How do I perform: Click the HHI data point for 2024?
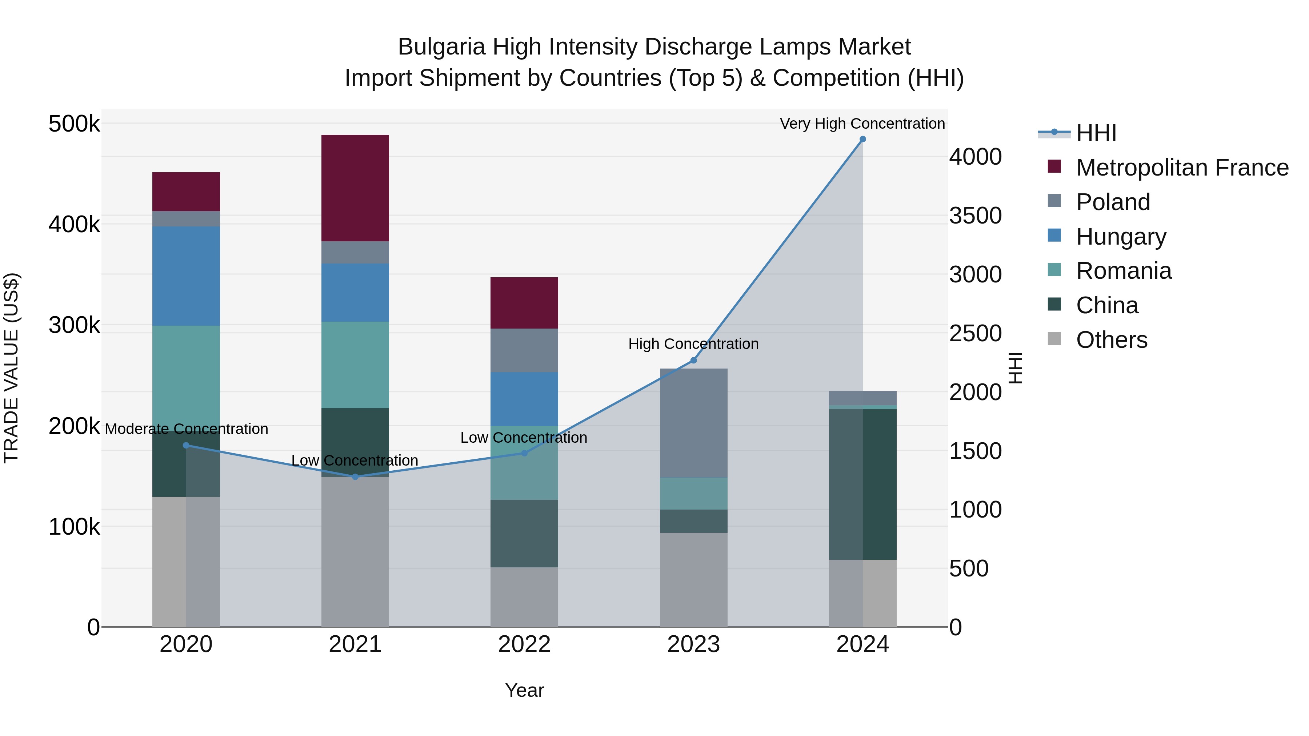click(862, 139)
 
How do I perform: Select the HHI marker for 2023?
click(693, 360)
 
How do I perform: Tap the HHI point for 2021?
click(355, 476)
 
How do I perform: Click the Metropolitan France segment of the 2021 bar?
click(355, 188)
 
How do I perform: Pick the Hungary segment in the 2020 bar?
click(186, 276)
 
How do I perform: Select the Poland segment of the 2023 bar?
click(693, 423)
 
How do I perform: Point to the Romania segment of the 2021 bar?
click(355, 365)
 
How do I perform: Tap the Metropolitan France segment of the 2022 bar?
click(524, 303)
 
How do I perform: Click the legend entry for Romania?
click(1123, 271)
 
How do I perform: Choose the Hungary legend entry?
click(1121, 236)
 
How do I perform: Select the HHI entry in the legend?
click(1096, 133)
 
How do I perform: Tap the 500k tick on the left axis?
click(74, 124)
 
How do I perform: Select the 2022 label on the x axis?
click(524, 644)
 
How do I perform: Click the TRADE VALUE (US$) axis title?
click(11, 368)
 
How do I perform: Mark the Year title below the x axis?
click(524, 690)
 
